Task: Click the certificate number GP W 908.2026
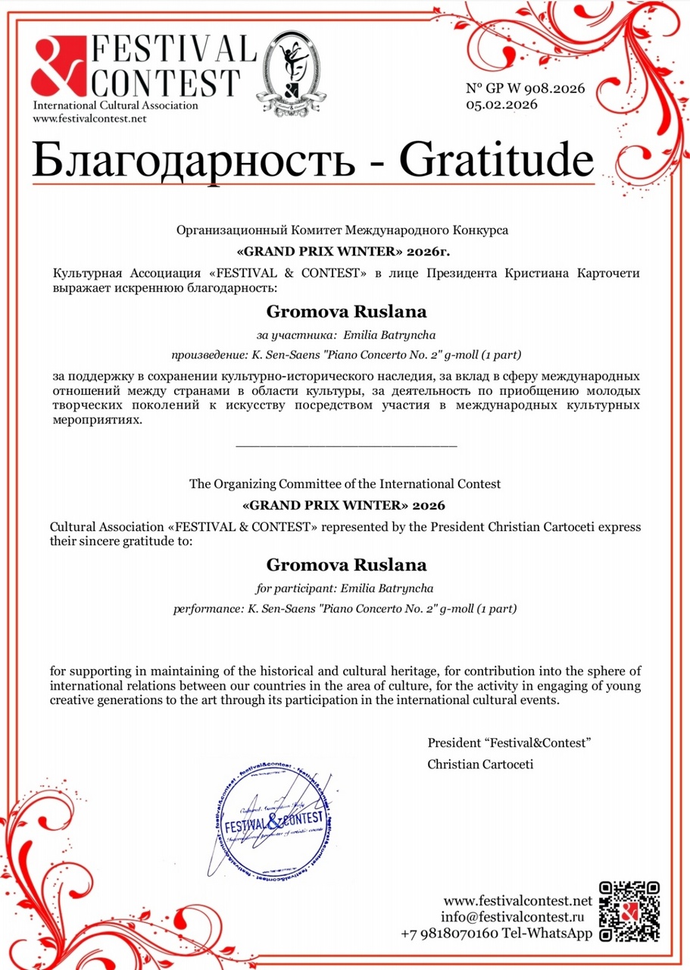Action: (x=525, y=89)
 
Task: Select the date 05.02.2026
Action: (x=501, y=105)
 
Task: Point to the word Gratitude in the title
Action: (x=496, y=160)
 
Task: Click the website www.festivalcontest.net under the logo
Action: (x=89, y=118)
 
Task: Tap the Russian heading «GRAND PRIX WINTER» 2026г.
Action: (x=345, y=249)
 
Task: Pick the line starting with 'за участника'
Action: (x=345, y=334)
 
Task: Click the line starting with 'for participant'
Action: (x=345, y=587)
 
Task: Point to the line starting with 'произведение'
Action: (x=345, y=354)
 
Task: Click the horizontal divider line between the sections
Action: (x=346, y=446)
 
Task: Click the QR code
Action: (x=629, y=912)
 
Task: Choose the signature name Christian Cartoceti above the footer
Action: (x=480, y=764)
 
